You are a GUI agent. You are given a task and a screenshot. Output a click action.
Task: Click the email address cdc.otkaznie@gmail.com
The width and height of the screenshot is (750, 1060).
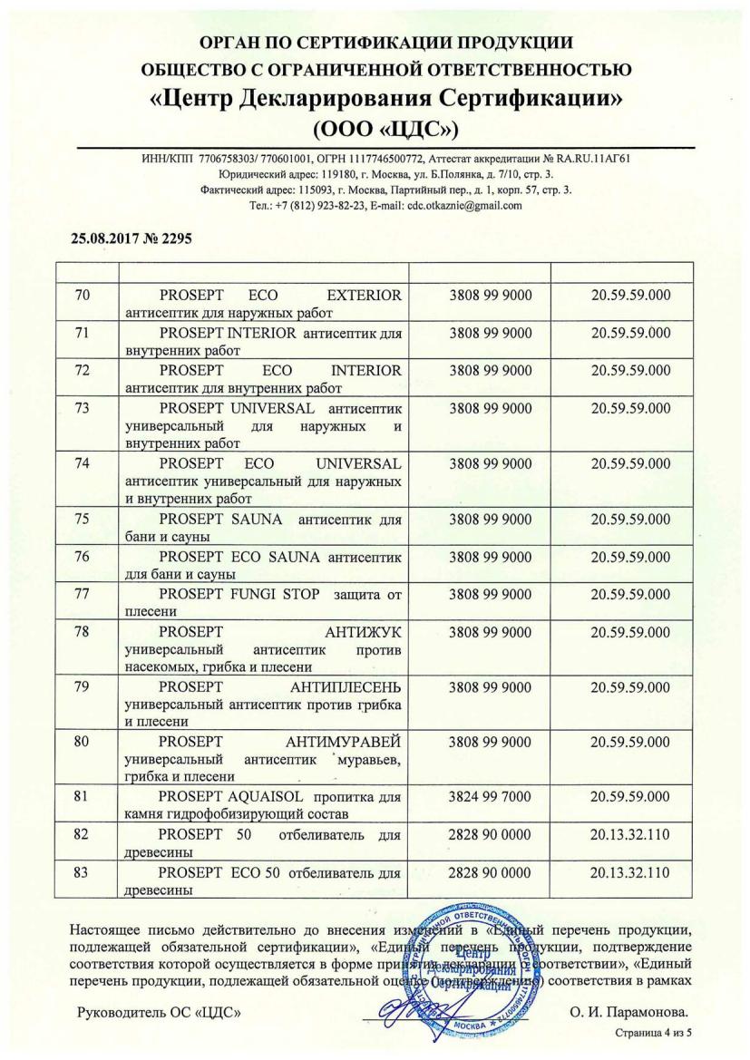464,205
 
